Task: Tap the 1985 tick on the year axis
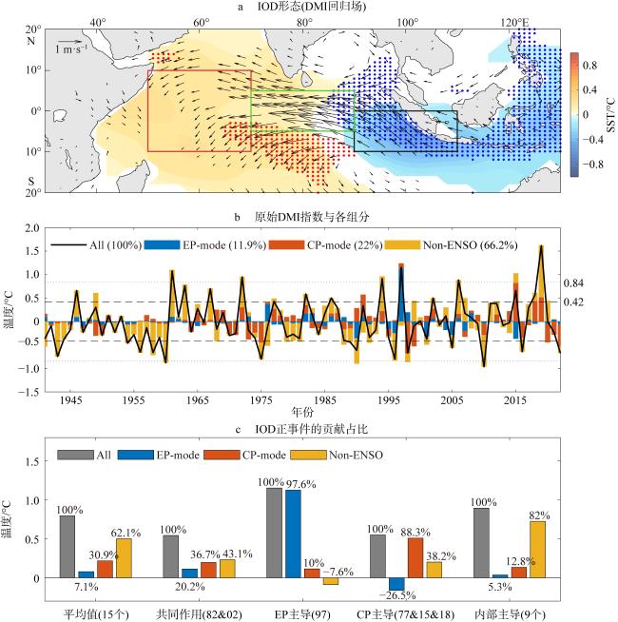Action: pyautogui.click(x=325, y=401)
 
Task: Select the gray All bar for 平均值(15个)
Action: pyautogui.click(x=67, y=546)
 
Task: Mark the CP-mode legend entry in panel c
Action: pyautogui.click(x=291, y=455)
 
